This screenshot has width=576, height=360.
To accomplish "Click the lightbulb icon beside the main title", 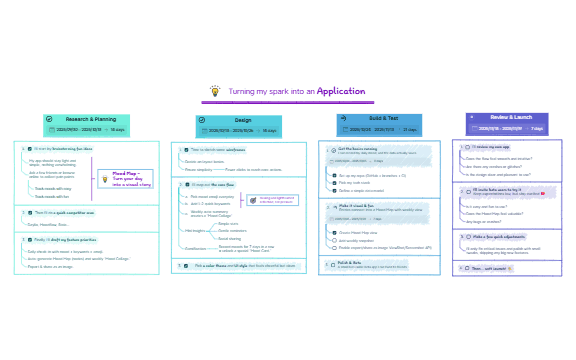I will click(214, 91).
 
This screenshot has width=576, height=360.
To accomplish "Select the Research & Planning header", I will click(91, 118).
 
